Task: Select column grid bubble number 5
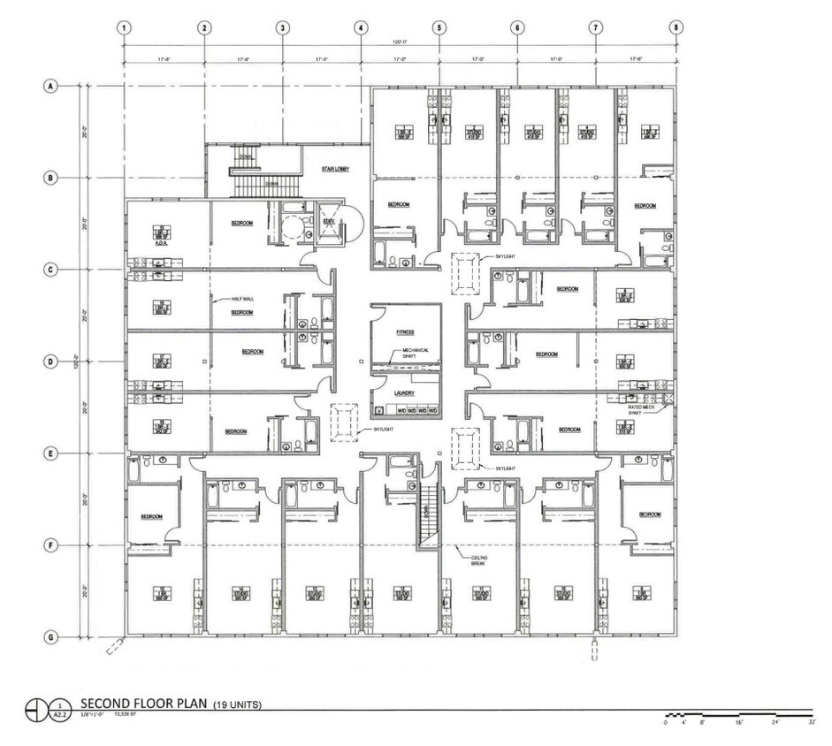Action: click(x=439, y=27)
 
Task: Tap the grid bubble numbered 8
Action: click(x=676, y=27)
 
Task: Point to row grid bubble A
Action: click(x=51, y=87)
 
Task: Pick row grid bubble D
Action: click(x=51, y=362)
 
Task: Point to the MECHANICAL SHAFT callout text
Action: click(x=416, y=353)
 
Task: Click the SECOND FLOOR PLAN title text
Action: click(x=143, y=704)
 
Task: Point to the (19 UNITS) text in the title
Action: click(x=237, y=705)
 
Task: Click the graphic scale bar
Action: click(x=737, y=712)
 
